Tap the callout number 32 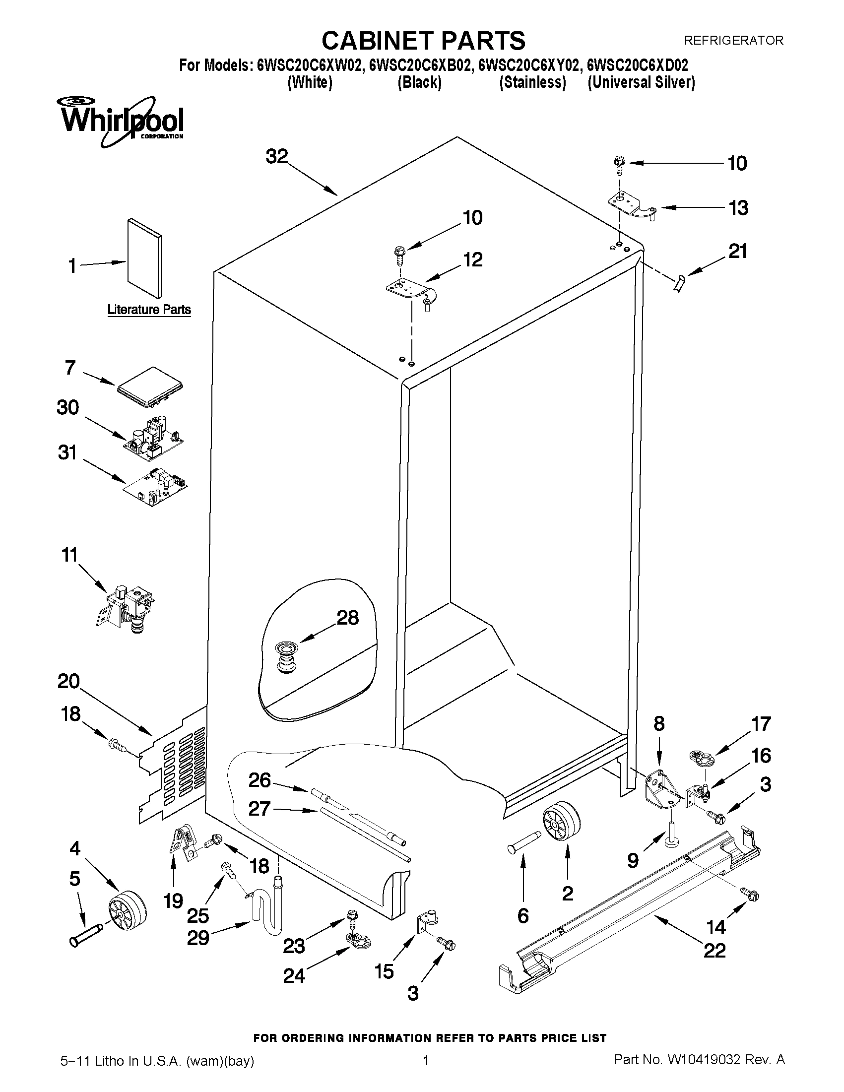coord(276,156)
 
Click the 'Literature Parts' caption coord(149,310)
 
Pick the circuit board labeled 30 coord(153,437)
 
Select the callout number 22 coord(714,950)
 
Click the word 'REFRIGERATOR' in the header coord(733,41)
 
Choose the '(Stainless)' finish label coord(532,82)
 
